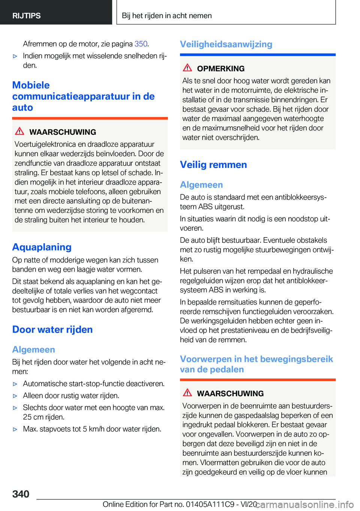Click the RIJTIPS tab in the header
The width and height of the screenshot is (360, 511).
pyautogui.click(x=27, y=16)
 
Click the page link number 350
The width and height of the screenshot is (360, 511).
pyautogui.click(x=141, y=44)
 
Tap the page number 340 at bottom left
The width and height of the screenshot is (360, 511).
pyautogui.click(x=21, y=494)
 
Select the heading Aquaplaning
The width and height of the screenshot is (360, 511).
pyautogui.click(x=42, y=247)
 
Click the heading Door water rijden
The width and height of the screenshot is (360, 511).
pyautogui.click(x=52, y=329)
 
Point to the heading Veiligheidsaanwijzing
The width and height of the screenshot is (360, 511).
pyautogui.click(x=226, y=44)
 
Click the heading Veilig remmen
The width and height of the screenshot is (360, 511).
pyautogui.click(x=213, y=165)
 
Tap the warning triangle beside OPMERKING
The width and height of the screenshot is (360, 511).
pyautogui.click(x=187, y=68)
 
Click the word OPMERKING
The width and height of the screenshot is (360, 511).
pyautogui.click(x=220, y=69)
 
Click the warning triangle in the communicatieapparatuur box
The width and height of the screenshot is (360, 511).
pyautogui.click(x=19, y=131)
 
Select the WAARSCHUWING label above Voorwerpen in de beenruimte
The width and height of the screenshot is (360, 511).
pyautogui.click(x=230, y=394)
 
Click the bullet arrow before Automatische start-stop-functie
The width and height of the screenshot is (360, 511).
pyautogui.click(x=15, y=384)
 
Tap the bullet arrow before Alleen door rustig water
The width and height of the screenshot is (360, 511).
pyautogui.click(x=15, y=396)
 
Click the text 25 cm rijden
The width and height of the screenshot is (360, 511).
pyautogui.click(x=43, y=417)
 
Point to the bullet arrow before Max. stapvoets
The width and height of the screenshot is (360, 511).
pyautogui.click(x=15, y=429)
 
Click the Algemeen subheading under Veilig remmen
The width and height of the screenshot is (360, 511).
pyautogui.click(x=201, y=185)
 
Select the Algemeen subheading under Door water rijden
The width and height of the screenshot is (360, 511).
pyautogui.click(x=33, y=349)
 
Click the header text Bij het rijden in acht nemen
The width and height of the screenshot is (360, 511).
pyautogui.click(x=167, y=16)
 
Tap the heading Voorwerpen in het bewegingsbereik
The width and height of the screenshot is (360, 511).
pyautogui.click(x=256, y=359)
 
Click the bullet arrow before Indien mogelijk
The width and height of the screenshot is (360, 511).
pyautogui.click(x=15, y=56)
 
